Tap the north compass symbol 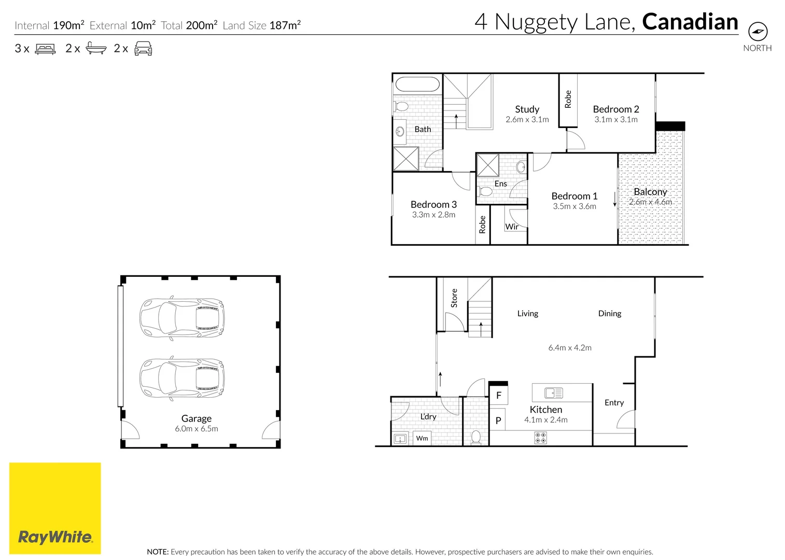(758, 32)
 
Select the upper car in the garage (182, 318)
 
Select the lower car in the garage (182, 379)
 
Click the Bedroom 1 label (574, 196)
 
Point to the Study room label (527, 109)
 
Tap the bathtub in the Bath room (417, 85)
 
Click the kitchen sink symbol (554, 393)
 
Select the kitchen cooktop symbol (540, 438)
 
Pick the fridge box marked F (499, 395)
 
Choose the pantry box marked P (498, 421)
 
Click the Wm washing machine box (422, 438)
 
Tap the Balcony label (650, 192)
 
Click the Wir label (512, 227)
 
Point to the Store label (454, 298)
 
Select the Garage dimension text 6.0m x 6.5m (197, 429)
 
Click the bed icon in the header (45, 49)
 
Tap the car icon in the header (143, 49)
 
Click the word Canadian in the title (690, 22)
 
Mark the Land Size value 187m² (285, 25)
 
